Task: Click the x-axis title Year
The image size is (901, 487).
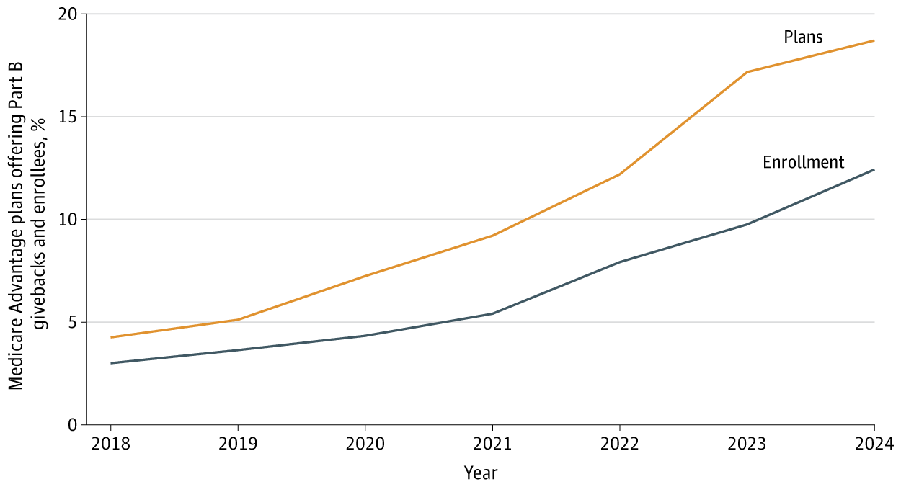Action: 480,473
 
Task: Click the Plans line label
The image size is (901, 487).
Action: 803,37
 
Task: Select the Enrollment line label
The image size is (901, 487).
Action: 803,163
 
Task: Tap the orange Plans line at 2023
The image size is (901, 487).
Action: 747,72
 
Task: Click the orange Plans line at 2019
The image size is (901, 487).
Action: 237,320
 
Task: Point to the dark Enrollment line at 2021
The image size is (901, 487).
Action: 492,313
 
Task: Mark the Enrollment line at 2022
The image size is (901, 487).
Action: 619,262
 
